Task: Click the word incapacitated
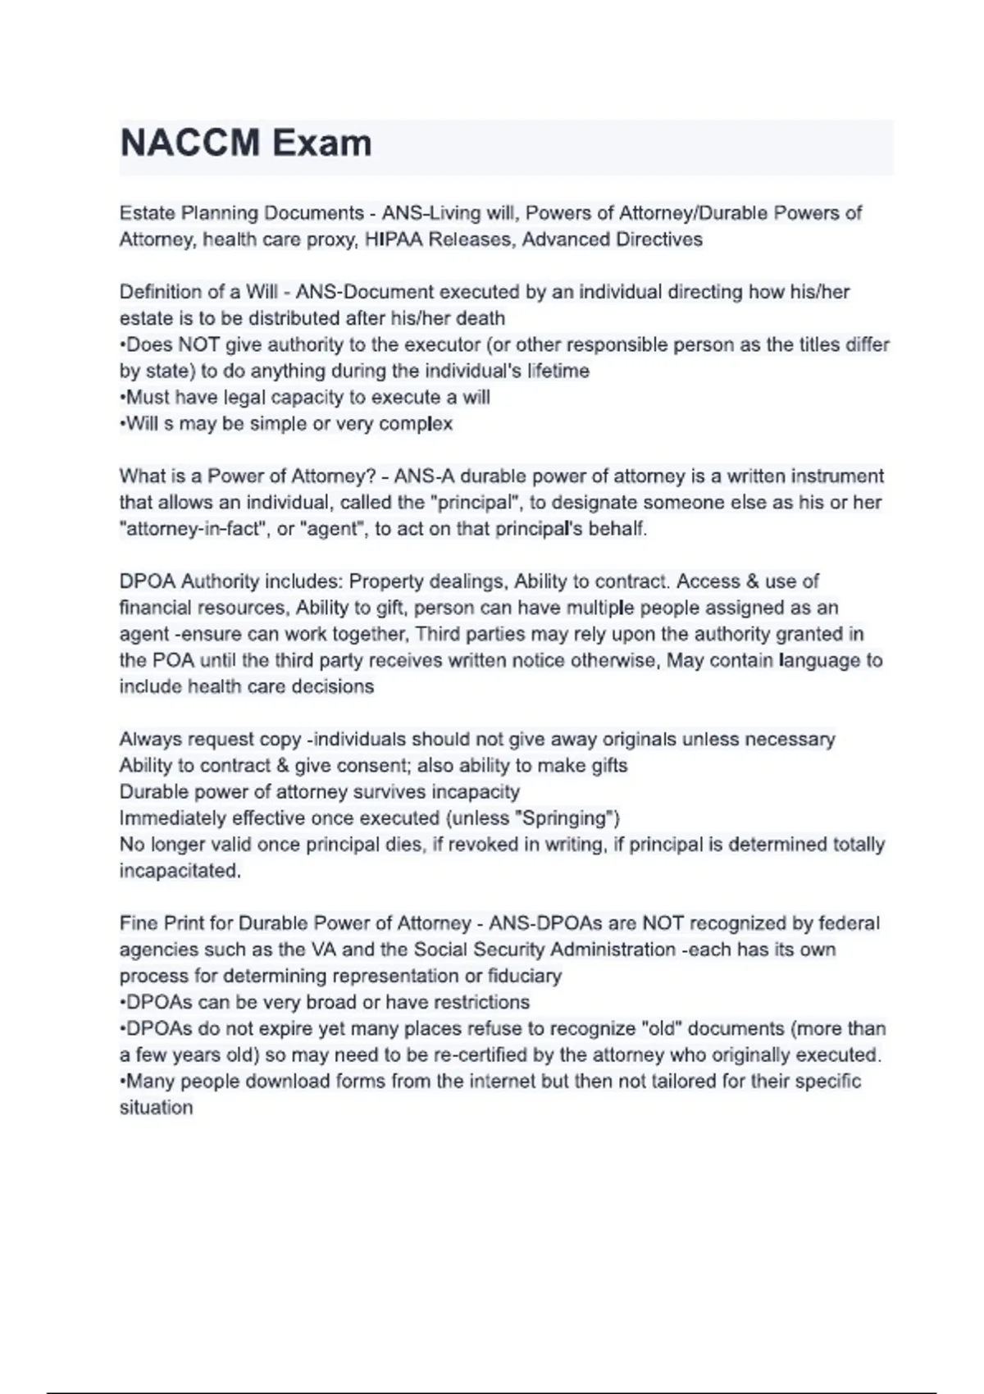pyautogui.click(x=180, y=870)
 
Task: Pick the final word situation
pyautogui.click(x=157, y=1107)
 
